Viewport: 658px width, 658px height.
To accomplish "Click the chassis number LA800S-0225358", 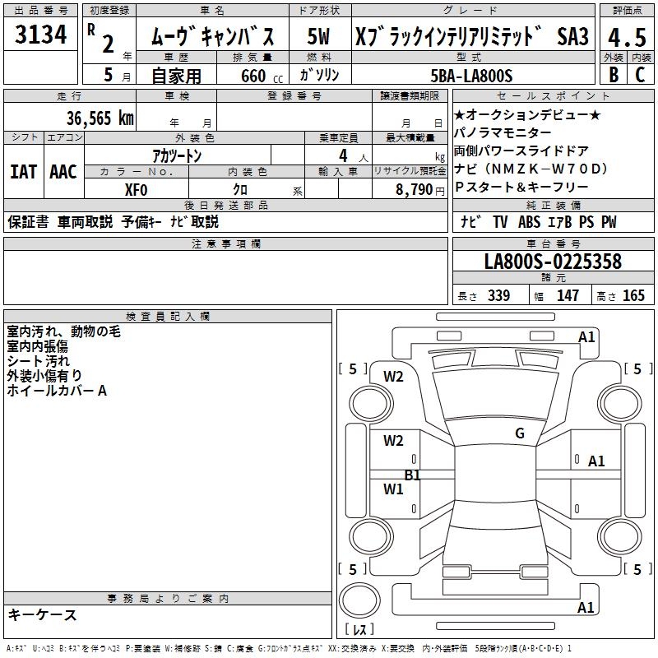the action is pyautogui.click(x=553, y=262).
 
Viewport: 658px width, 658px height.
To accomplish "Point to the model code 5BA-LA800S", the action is pyautogui.click(x=471, y=76).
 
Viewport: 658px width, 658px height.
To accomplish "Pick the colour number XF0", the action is pyautogui.click(x=136, y=189).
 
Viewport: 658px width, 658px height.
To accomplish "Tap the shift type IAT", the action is pyautogui.click(x=23, y=171).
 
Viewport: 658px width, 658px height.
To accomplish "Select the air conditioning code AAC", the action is pyautogui.click(x=63, y=171).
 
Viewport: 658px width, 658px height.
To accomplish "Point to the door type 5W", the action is pyautogui.click(x=319, y=37).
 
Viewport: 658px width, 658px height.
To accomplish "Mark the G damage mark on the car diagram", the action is pyautogui.click(x=520, y=433).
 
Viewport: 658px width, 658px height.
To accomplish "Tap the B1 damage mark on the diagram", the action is pyautogui.click(x=412, y=475).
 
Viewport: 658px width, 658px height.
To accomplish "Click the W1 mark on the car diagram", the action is pyautogui.click(x=393, y=489).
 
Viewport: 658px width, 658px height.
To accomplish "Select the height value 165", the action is pyautogui.click(x=633, y=296).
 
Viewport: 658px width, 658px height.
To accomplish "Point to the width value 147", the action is pyautogui.click(x=568, y=296).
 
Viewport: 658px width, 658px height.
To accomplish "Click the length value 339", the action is pyautogui.click(x=498, y=296).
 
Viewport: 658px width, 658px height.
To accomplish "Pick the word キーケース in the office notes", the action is pyautogui.click(x=43, y=615).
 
